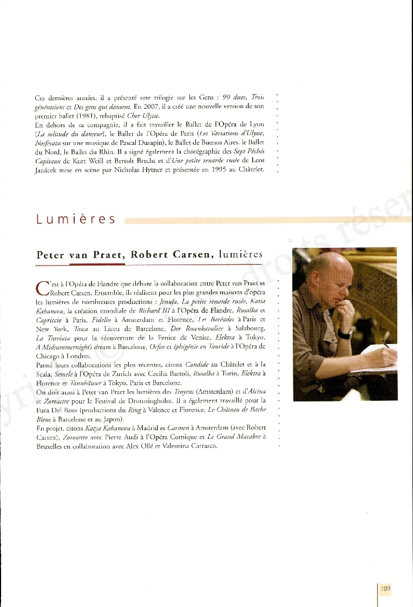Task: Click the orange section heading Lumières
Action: pyautogui.click(x=76, y=219)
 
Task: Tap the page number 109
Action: pyautogui.click(x=385, y=589)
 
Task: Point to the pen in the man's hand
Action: pyautogui.click(x=385, y=344)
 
